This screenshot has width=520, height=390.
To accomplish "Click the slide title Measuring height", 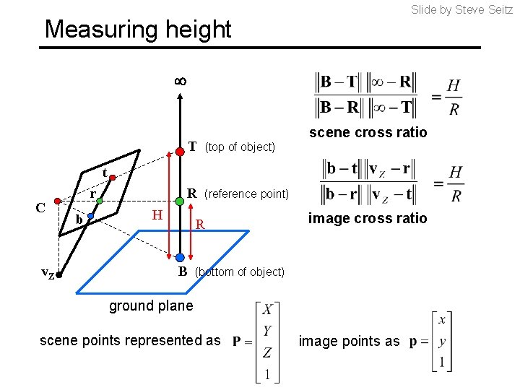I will click(138, 30).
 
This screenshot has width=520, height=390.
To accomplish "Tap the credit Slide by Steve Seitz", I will click(461, 9).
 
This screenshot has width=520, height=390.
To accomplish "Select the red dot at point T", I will click(179, 152).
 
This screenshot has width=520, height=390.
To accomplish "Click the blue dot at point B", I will click(179, 257).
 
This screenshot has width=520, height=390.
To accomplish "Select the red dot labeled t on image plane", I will click(114, 175).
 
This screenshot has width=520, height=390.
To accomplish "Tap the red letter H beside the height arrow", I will click(157, 214).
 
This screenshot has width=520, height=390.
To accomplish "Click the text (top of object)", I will click(240, 147).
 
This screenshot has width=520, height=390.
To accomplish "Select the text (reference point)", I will click(246, 194).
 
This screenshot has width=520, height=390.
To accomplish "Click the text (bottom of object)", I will click(240, 272).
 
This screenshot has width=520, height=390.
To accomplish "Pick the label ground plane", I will click(151, 305).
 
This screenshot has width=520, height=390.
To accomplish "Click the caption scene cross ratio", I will click(368, 132).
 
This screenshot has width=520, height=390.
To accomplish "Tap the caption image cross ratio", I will click(368, 218).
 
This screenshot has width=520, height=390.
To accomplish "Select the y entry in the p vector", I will click(441, 341).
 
